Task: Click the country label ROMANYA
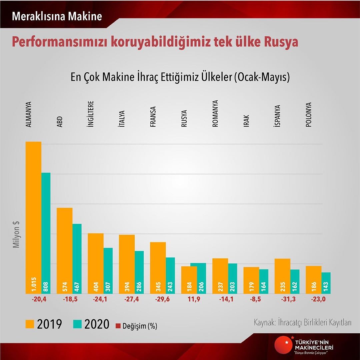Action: pos(215,114)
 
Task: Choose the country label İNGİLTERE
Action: pos(91,114)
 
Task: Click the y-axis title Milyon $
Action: pos(16,235)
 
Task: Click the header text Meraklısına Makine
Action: pos(57,16)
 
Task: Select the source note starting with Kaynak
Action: pos(303,323)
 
